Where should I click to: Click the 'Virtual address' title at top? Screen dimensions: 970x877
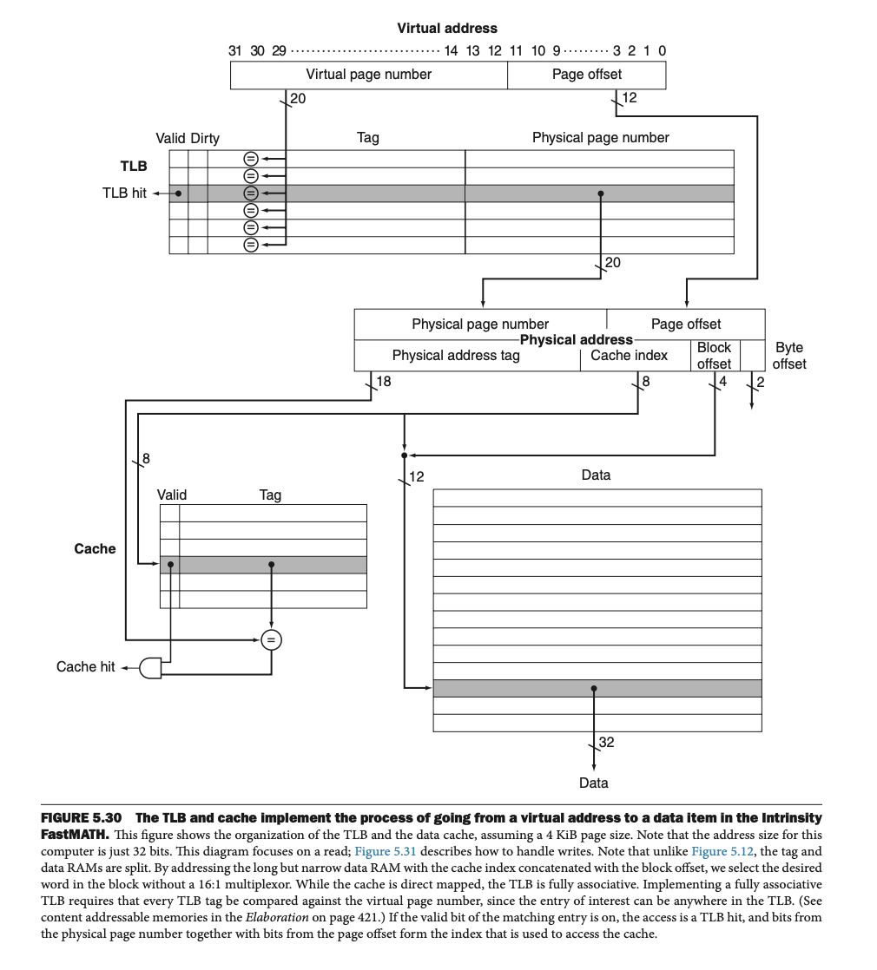447,29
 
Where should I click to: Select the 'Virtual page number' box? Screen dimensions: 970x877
368,75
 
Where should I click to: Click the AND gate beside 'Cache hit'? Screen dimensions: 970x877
150,667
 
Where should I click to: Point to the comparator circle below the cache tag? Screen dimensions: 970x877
272,640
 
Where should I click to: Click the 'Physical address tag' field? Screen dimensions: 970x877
456,355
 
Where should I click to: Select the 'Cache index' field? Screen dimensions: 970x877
629,355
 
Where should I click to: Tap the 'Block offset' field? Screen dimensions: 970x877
714,355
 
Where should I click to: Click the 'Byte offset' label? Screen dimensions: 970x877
788,356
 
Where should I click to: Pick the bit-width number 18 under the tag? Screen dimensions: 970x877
383,381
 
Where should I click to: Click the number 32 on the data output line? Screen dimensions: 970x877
606,743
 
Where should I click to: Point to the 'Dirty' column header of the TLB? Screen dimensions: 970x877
205,138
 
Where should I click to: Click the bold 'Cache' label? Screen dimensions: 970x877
95,548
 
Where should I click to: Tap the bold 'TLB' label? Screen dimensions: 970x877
133,166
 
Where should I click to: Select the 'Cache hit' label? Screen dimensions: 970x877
85,666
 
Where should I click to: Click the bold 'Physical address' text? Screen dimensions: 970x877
576,339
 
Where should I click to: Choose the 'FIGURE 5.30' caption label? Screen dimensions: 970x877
82,818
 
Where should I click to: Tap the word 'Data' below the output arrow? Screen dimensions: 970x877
594,783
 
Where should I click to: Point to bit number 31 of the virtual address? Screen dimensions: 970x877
235,50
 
